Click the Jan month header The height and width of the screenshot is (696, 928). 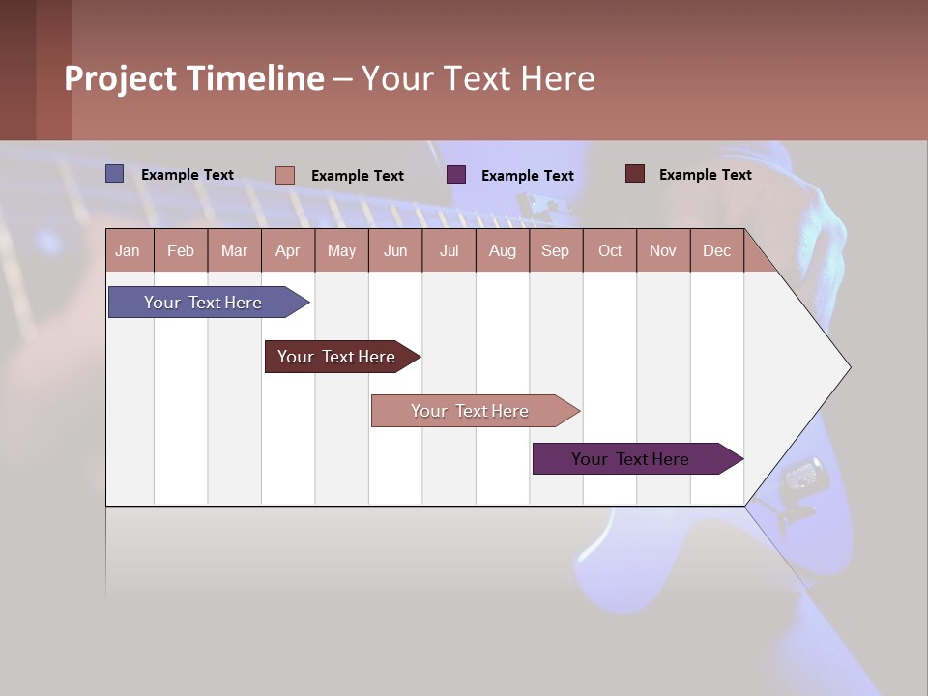pyautogui.click(x=129, y=250)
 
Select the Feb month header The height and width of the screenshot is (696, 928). pyautogui.click(x=181, y=250)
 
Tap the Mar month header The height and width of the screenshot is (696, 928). pyautogui.click(x=234, y=250)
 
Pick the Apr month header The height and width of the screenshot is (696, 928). pyautogui.click(x=288, y=250)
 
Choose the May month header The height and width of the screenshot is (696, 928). pyautogui.click(x=341, y=250)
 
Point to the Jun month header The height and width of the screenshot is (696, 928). pyautogui.click(x=395, y=250)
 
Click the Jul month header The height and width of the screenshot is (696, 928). pyautogui.click(x=449, y=250)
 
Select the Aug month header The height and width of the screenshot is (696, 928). pyautogui.click(x=503, y=250)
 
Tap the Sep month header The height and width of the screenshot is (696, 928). pyautogui.click(x=556, y=250)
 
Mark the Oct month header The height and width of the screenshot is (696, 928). pyautogui.click(x=610, y=250)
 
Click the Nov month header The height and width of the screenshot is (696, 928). pyautogui.click(x=663, y=250)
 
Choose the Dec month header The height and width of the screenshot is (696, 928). pyautogui.click(x=717, y=250)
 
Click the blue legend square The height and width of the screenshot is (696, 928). pyautogui.click(x=115, y=174)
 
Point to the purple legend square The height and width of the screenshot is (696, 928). pyautogui.click(x=456, y=175)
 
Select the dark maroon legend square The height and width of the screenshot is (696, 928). pyautogui.click(x=635, y=174)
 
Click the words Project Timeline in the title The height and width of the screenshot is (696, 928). pyautogui.click(x=194, y=78)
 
